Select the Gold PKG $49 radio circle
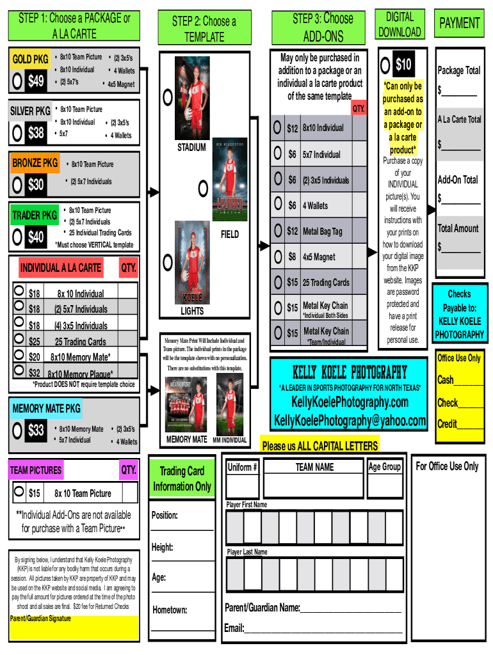pos(18,81)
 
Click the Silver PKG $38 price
pos(36,133)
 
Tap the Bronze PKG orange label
pos(35,163)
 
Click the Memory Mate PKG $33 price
pos(36,430)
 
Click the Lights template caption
pos(192,311)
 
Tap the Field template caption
pos(229,235)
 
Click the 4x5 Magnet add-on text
pos(319,257)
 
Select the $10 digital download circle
pos(385,65)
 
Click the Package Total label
pos(458,70)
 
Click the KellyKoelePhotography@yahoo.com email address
pos(350,420)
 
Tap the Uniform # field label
pos(243,467)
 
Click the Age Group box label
pos(385,467)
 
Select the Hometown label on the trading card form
pos(170,610)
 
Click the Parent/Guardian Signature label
pos(40,619)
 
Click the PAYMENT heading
pos(459,24)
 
